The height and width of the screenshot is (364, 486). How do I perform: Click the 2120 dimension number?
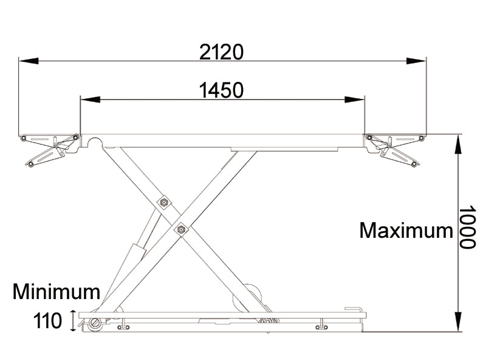pyautogui.click(x=222, y=53)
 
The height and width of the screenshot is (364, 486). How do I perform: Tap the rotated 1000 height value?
pyautogui.click(x=466, y=227)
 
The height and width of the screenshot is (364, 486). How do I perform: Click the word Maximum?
pyautogui.click(x=406, y=231)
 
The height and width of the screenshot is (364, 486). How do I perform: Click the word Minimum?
pyautogui.click(x=56, y=292)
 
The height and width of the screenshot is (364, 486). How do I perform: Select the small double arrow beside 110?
pyautogui.click(x=74, y=320)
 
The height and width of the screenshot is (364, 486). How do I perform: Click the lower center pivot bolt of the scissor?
pyautogui.click(x=180, y=229)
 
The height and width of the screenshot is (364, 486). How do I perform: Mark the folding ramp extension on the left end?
pyautogui.click(x=49, y=149)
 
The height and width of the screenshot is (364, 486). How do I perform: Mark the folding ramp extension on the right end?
pyautogui.click(x=395, y=149)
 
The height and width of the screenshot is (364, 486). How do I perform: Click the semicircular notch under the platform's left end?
pyautogui.click(x=94, y=142)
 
